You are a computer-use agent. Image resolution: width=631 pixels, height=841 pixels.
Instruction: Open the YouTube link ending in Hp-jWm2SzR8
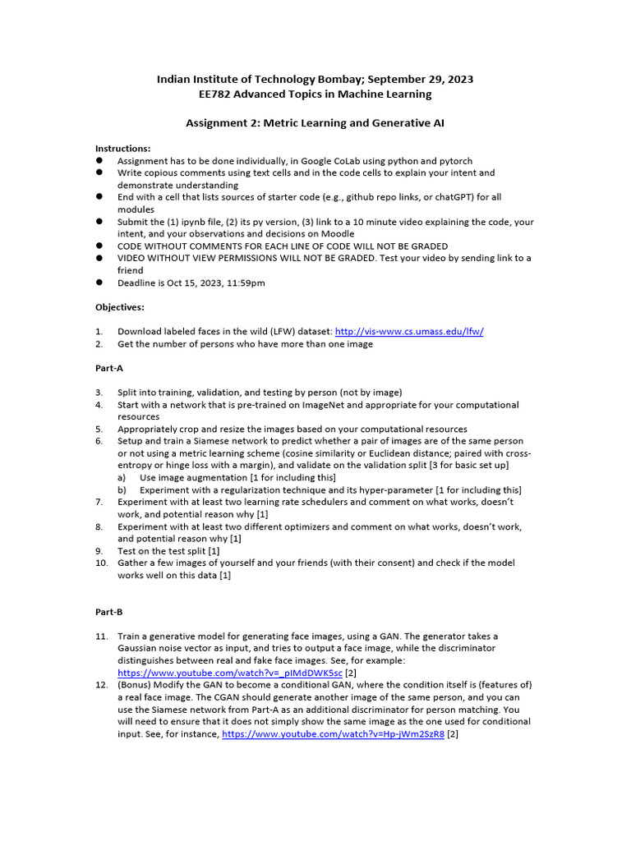click(x=333, y=733)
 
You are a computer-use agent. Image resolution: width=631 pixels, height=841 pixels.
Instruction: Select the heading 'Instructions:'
click(x=123, y=149)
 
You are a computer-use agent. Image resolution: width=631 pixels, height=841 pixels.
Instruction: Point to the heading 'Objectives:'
click(x=120, y=306)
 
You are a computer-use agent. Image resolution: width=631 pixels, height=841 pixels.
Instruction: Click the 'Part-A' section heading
click(x=109, y=369)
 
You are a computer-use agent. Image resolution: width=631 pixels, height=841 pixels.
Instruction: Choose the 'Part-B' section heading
click(x=109, y=612)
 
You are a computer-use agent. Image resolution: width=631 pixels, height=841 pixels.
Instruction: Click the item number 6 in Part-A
click(x=99, y=441)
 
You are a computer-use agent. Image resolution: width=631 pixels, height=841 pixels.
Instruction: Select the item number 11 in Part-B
click(x=102, y=636)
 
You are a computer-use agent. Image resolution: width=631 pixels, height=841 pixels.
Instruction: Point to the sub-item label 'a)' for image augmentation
click(x=122, y=477)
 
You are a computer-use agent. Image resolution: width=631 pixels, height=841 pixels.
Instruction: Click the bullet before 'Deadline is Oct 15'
click(x=99, y=283)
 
